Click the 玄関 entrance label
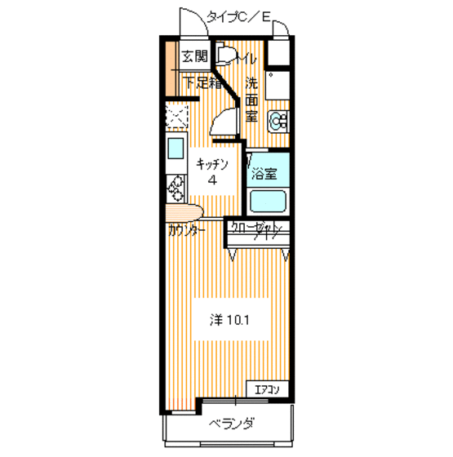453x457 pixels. coord(194,57)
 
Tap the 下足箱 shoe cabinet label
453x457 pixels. coord(201,82)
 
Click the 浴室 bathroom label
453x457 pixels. coord(264,174)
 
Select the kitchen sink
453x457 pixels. coord(175,149)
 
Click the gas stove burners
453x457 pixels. coord(175,191)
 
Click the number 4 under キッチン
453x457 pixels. coord(212,181)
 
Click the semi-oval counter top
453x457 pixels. coord(186,213)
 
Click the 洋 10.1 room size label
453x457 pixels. coord(229,320)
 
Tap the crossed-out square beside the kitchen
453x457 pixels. coord(177,118)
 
